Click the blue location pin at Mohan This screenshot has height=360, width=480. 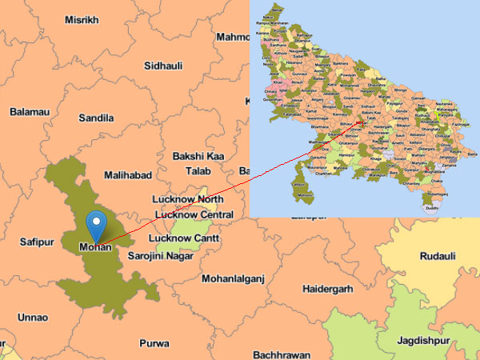pyautogui.click(x=97, y=223)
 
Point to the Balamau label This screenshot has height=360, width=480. pyautogui.click(x=30, y=112)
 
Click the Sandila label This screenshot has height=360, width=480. pyautogui.click(x=96, y=118)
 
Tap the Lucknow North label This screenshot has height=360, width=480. pyautogui.click(x=189, y=199)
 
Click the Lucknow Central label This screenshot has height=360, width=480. pyautogui.click(x=194, y=214)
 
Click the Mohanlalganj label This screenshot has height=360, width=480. pyautogui.click(x=232, y=279)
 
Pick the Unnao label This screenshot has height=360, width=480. pyautogui.click(x=33, y=317)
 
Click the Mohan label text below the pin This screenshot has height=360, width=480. pyautogui.click(x=96, y=247)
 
